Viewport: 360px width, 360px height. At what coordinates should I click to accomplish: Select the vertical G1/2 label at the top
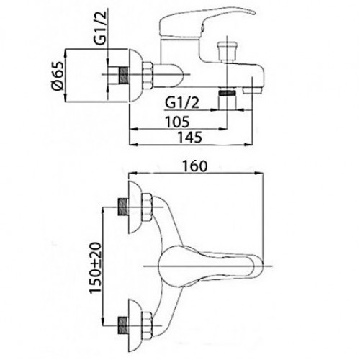pyautogui.click(x=100, y=29)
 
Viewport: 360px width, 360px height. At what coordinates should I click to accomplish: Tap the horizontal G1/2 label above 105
pyautogui.click(x=182, y=103)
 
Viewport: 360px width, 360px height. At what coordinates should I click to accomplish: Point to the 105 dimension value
pyautogui.click(x=178, y=122)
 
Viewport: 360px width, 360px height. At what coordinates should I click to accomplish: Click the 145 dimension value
pyautogui.click(x=189, y=138)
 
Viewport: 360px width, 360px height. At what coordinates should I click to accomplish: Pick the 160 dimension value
pyautogui.click(x=194, y=166)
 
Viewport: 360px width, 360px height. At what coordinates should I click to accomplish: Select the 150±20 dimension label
pyautogui.click(x=95, y=268)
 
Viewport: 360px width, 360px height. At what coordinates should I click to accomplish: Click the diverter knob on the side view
pyautogui.click(x=227, y=51)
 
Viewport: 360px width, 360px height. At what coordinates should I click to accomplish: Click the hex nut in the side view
pyautogui.click(x=148, y=74)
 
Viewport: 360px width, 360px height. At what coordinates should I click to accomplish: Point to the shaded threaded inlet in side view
pyautogui.click(x=123, y=75)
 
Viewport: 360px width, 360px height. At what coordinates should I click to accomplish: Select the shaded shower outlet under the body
pyautogui.click(x=227, y=93)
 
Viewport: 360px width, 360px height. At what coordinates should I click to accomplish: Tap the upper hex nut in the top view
pyautogui.click(x=148, y=207)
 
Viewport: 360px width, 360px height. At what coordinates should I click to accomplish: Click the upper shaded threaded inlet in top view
pyautogui.click(x=122, y=207)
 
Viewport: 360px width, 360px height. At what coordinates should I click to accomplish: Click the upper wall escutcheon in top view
pyautogui.click(x=135, y=207)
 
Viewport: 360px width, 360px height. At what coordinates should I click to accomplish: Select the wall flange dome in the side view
pyautogui.click(x=135, y=76)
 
